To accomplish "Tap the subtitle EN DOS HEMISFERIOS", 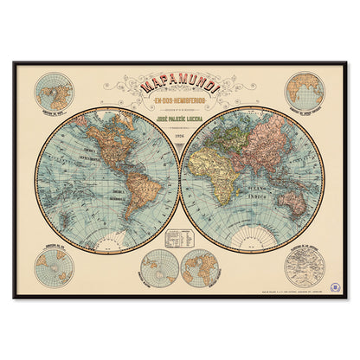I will tap(179, 105).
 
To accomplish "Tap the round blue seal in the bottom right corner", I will tap(334, 286).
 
